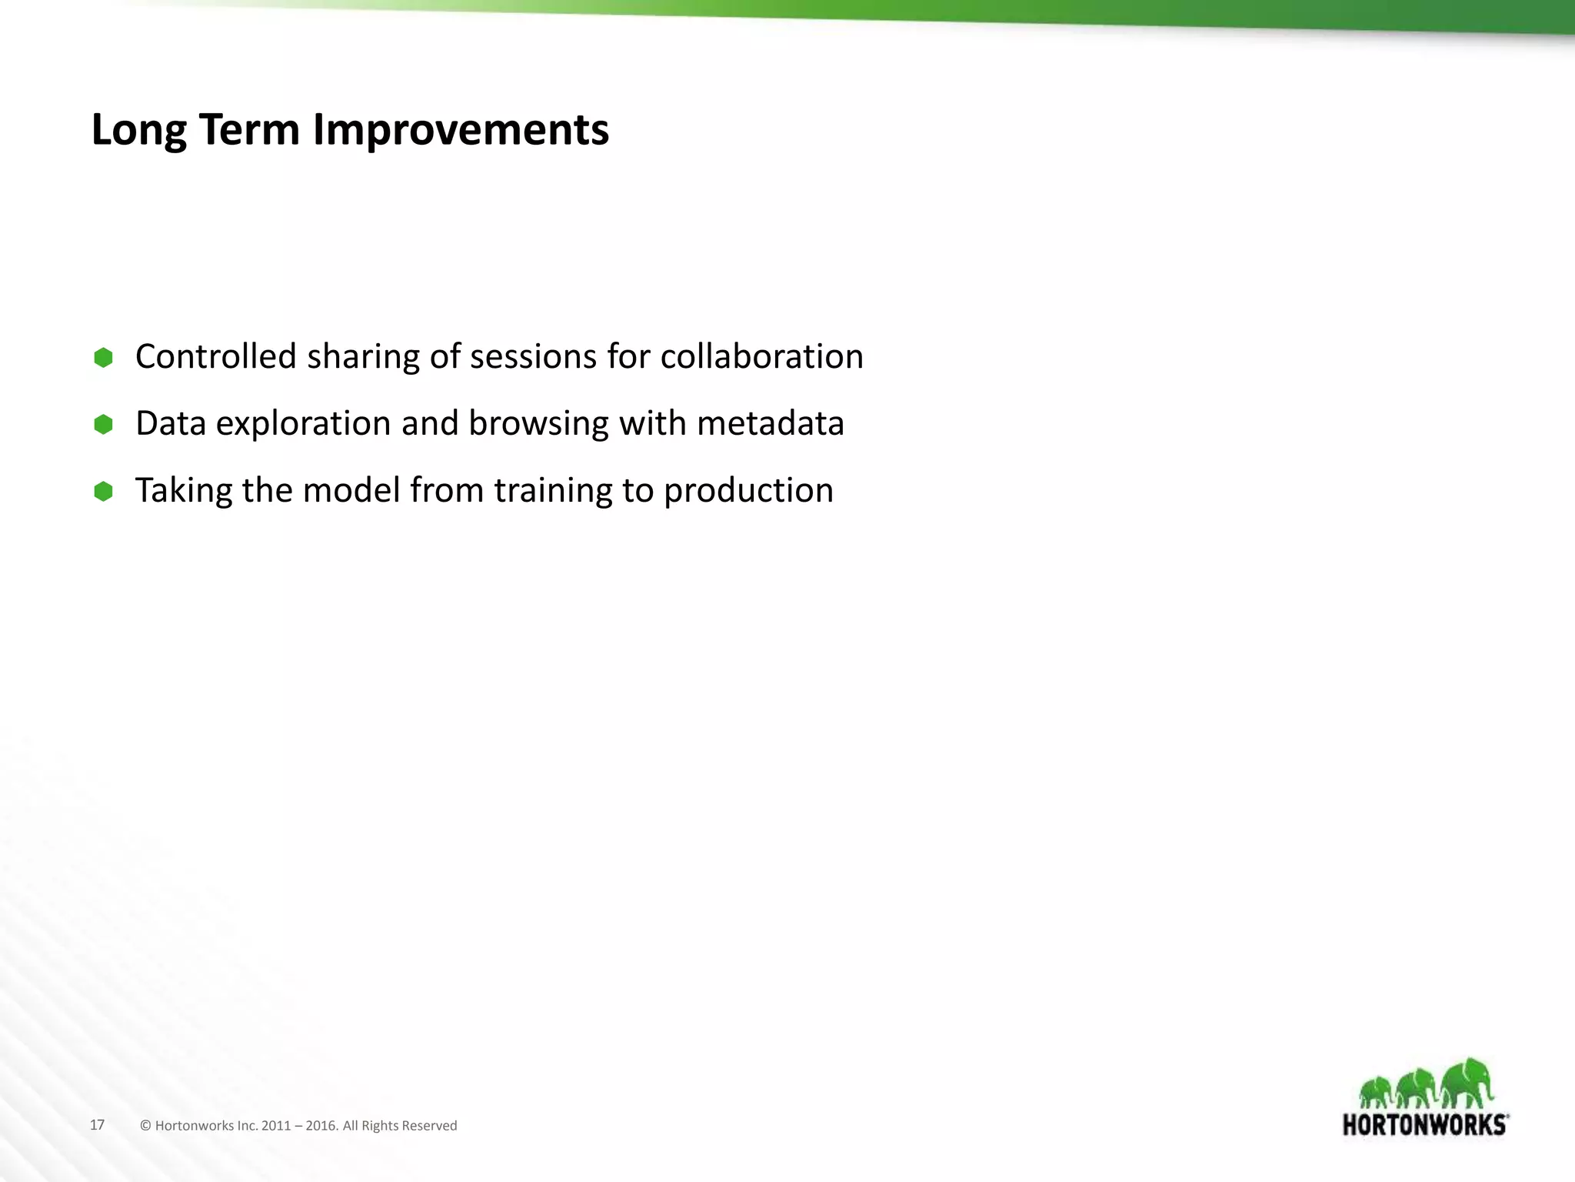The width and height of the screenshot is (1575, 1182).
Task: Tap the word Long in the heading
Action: tap(138, 130)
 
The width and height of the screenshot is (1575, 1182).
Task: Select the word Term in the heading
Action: tap(249, 130)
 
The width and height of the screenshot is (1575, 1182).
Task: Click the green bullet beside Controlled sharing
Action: tap(103, 358)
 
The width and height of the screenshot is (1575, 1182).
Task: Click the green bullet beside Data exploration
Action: tap(103, 425)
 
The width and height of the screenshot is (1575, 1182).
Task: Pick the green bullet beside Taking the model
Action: tap(103, 492)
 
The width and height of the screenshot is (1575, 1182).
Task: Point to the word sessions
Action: tap(533, 357)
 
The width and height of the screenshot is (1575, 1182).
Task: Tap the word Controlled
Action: tap(215, 357)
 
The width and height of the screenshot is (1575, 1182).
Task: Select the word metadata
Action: tap(770, 424)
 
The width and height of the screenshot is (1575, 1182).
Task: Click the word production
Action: tap(748, 491)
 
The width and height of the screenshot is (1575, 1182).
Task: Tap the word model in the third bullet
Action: tap(351, 491)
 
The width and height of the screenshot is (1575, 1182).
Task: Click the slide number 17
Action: tap(97, 1125)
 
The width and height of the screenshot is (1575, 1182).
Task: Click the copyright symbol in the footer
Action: tap(145, 1126)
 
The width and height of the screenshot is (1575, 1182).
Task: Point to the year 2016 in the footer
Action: tap(321, 1126)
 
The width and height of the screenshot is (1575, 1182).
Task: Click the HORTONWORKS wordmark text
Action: tap(1424, 1125)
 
